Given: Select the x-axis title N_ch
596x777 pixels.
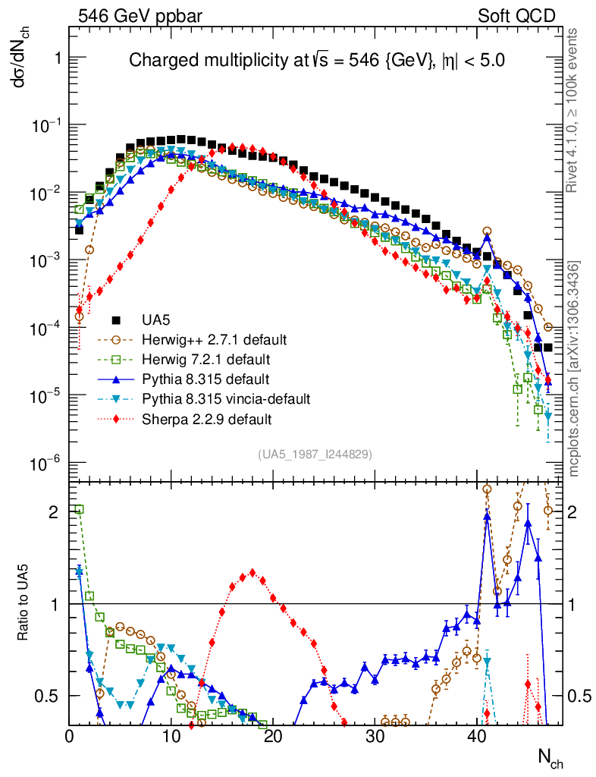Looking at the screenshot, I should point(550,757).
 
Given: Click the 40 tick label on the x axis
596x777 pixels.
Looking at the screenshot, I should point(477,736).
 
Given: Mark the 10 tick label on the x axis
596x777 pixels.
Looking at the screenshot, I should point(172,736).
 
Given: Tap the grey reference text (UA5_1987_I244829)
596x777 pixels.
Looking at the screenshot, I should point(315,455).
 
